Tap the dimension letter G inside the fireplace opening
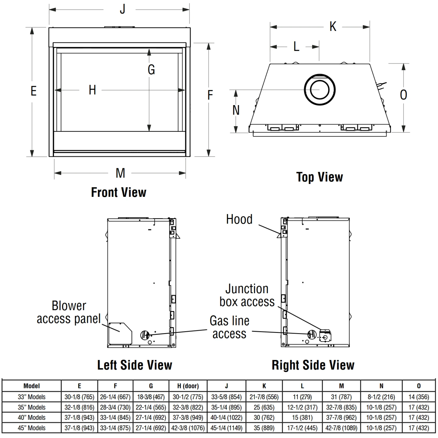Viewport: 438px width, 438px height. pyautogui.click(x=151, y=70)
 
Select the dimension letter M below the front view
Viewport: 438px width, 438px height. pyautogui.click(x=120, y=173)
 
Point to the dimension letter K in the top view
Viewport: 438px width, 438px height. pyautogui.click(x=333, y=27)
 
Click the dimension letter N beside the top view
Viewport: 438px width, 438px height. pyautogui.click(x=236, y=110)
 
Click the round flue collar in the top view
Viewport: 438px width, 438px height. pyautogui.click(x=319, y=90)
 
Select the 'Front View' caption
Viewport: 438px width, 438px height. pyautogui.click(x=119, y=192)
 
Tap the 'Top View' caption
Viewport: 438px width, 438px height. pyautogui.click(x=319, y=177)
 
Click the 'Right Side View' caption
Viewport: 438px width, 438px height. pyautogui.click(x=313, y=365)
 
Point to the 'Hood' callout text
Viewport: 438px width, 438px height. pyautogui.click(x=239, y=219)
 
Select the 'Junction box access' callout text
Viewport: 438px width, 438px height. pyautogui.click(x=247, y=295)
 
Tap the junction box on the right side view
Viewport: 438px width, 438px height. pyautogui.click(x=325, y=336)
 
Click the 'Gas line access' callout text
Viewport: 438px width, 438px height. pyautogui.click(x=230, y=327)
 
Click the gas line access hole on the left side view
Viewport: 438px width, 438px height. pyautogui.click(x=145, y=335)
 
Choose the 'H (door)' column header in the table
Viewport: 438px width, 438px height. pyautogui.click(x=188, y=386)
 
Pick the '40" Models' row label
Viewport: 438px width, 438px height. pyautogui.click(x=32, y=418)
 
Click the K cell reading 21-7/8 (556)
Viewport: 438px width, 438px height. pyautogui.click(x=264, y=397)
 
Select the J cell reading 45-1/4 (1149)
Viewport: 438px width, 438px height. pyautogui.click(x=226, y=428)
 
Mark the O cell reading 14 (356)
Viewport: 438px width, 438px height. pyautogui.click(x=419, y=397)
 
